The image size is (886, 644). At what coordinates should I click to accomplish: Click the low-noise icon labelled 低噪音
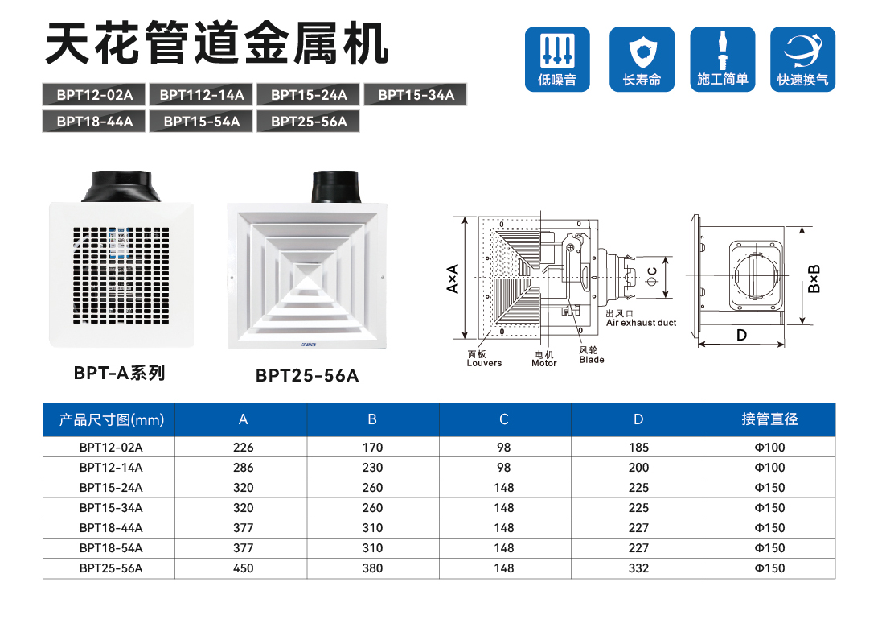click(557, 58)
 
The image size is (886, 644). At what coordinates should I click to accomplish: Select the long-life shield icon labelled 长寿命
click(641, 58)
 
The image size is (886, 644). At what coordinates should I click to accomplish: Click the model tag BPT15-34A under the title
click(416, 95)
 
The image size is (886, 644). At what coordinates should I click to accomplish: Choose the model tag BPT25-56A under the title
click(309, 122)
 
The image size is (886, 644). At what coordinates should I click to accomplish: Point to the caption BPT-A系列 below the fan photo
click(119, 373)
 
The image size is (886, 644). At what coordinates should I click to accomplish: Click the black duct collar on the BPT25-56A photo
click(336, 188)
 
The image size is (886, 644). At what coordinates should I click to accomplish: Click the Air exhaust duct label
click(641, 323)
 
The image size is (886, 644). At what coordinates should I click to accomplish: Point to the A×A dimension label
click(453, 279)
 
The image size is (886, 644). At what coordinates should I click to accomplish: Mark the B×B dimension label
click(815, 279)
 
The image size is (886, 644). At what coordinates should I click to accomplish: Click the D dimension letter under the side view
click(741, 334)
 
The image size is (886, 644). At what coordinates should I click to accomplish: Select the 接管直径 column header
click(769, 419)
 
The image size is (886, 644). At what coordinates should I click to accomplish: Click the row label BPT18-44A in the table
click(111, 528)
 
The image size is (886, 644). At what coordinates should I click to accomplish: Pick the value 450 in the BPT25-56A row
click(243, 568)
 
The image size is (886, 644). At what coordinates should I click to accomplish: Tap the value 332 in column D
click(638, 568)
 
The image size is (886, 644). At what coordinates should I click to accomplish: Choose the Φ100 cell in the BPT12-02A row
click(769, 448)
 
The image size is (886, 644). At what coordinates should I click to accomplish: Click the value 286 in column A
click(243, 468)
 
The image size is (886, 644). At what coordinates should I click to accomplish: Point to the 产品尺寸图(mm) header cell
click(111, 419)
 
